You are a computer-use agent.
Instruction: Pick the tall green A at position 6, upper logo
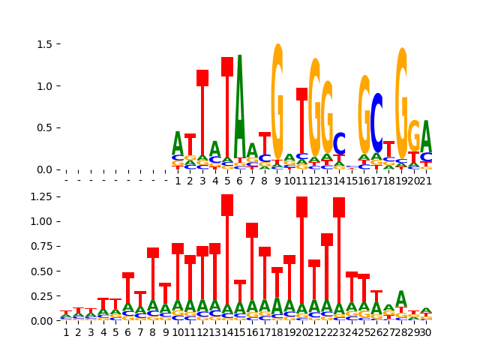point(240,105)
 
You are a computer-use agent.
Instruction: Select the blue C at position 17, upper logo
point(377,124)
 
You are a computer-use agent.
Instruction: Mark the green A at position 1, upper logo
point(178,143)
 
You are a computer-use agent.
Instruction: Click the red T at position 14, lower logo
point(227,247)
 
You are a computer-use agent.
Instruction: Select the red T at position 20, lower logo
point(302,247)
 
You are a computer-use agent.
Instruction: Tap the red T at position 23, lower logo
point(339,247)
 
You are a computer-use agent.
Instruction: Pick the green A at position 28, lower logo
point(401,299)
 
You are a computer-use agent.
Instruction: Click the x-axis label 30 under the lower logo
point(426,332)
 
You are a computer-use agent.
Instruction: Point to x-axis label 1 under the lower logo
point(66,332)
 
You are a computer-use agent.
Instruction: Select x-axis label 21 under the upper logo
point(426,181)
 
